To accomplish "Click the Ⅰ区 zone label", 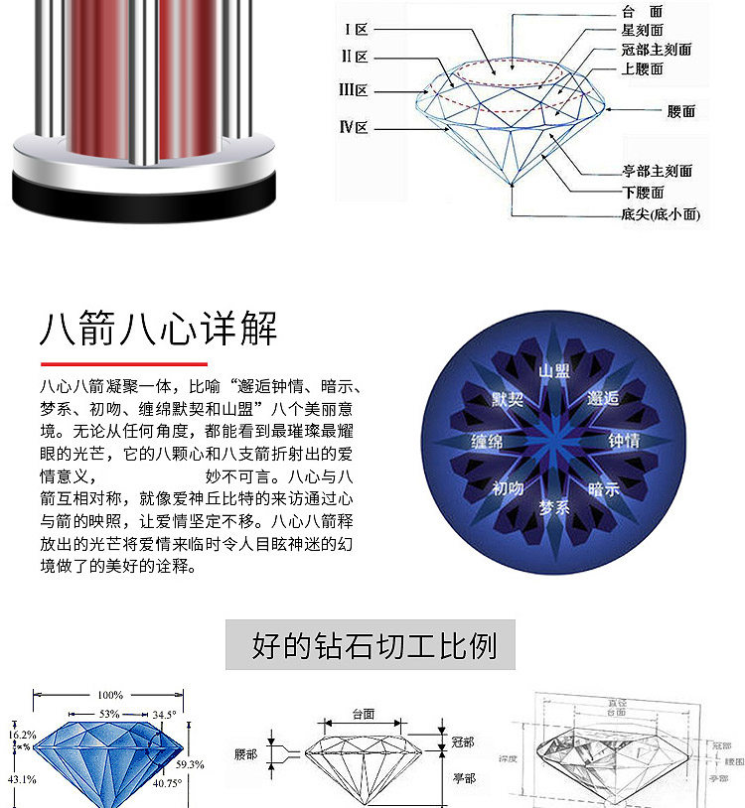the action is pos(355,30).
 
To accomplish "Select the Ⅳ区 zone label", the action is pos(354,127).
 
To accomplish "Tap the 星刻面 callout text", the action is pos(643,31).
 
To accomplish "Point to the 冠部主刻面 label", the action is pos(656,50).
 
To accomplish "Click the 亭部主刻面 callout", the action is pos(657,171).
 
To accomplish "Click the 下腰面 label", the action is pos(643,193).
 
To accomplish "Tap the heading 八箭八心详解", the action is pos(159,329).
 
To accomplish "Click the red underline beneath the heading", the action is pos(123,364).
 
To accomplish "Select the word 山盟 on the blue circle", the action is pos(554,371).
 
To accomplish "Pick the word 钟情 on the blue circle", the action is pos(623,440).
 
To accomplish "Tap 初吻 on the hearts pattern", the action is pos(508,488).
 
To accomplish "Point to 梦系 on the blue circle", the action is pos(554,507).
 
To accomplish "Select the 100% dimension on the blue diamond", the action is pos(110,695).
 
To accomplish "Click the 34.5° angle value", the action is pos(165,714).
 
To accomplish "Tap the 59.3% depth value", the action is pos(190,764).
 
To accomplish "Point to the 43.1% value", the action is pos(22,779).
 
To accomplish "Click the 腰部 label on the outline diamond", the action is pos(245,754).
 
